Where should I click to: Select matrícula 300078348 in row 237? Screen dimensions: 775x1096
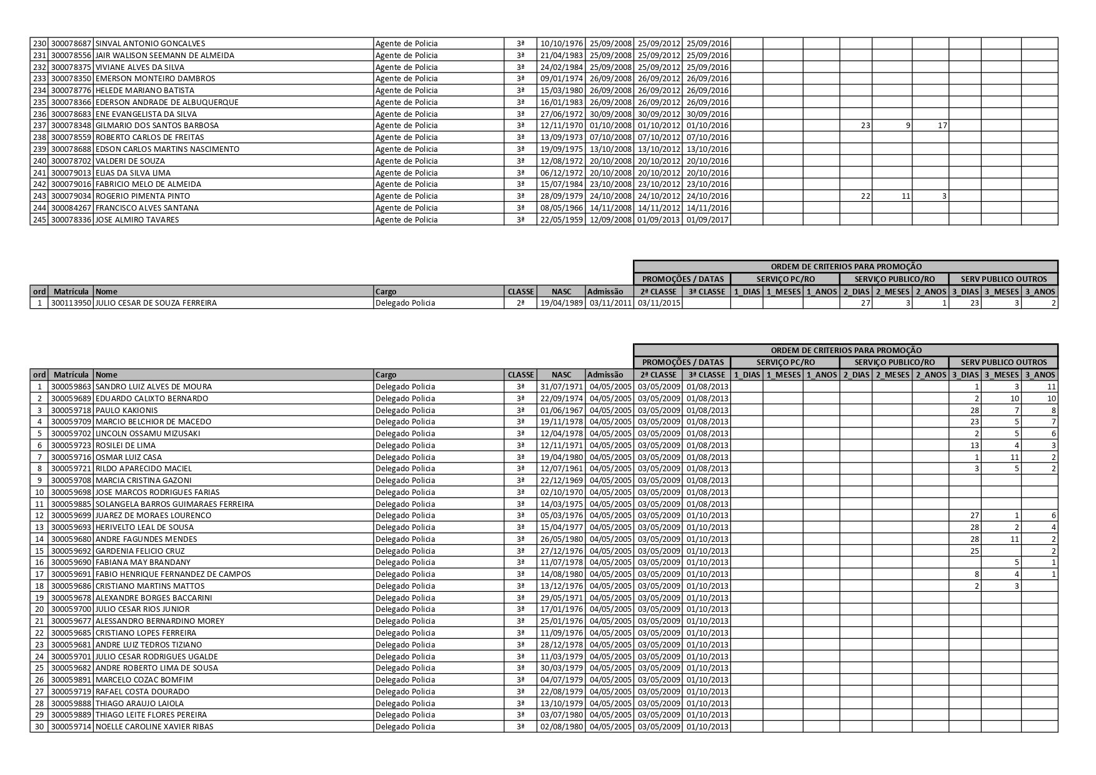click(x=71, y=126)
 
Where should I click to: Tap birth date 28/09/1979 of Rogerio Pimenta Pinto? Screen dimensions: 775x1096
click(x=561, y=196)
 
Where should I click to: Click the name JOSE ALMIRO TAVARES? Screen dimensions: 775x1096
click(x=137, y=220)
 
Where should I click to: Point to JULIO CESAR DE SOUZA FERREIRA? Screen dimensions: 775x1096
click(x=156, y=303)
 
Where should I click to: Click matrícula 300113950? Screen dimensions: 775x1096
click(x=71, y=303)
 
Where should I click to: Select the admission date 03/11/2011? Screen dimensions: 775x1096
click(x=610, y=303)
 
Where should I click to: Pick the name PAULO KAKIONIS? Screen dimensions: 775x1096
click(x=126, y=411)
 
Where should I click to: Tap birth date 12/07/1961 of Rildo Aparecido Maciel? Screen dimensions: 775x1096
click(x=561, y=469)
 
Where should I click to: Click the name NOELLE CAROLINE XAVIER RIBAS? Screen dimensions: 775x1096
click(x=154, y=727)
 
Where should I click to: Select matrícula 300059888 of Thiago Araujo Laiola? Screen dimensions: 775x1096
click(x=71, y=704)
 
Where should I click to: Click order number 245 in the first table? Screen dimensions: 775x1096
click(x=39, y=220)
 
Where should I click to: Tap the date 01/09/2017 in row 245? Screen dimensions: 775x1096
click(x=707, y=220)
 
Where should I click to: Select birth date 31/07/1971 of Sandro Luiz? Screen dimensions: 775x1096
click(x=561, y=387)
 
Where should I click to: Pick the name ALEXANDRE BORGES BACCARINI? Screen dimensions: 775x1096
click(x=153, y=598)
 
